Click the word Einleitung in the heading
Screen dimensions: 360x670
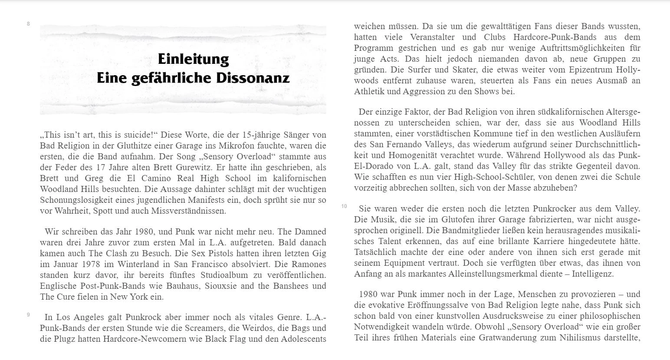(x=193, y=59)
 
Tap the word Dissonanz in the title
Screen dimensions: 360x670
(x=256, y=78)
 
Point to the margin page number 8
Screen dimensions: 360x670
(x=28, y=24)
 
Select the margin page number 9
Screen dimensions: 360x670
(x=28, y=315)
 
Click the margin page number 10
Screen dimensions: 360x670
(x=344, y=206)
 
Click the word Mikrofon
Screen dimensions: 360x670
(x=240, y=145)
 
